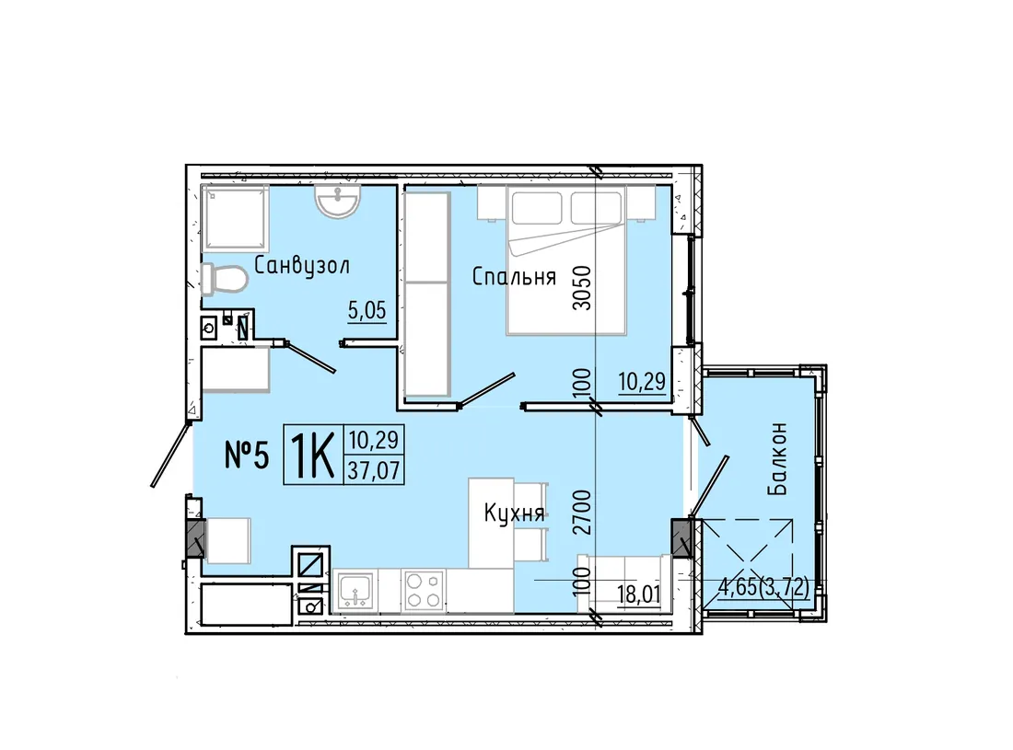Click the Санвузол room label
point(302,265)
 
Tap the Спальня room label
point(514,276)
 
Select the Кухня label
point(514,513)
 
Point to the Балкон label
point(778,458)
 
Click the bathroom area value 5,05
point(367,310)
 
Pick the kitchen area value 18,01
point(639,594)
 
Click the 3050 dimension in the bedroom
point(583,288)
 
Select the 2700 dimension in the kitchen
point(583,512)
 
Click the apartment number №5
point(246,455)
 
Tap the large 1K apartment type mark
point(313,455)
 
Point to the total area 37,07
point(373,471)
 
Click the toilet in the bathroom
point(224,279)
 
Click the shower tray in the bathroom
point(234,218)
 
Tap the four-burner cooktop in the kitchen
point(424,589)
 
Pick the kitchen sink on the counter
point(355,590)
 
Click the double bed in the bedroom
point(566,260)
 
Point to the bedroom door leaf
point(486,390)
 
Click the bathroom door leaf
point(310,357)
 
